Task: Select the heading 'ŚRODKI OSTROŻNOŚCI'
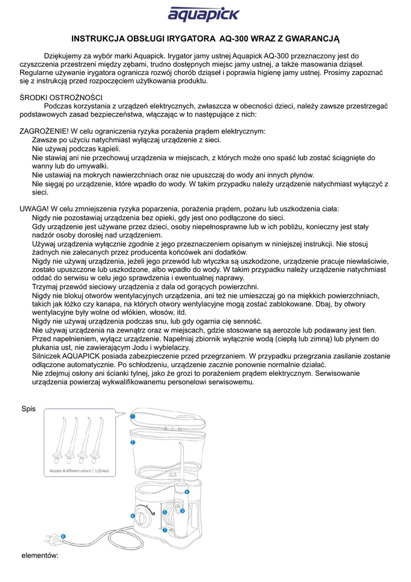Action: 61,97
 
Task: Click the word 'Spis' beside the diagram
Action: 28,409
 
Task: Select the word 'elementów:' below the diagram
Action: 40,555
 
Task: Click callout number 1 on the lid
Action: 132,416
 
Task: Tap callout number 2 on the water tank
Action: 132,442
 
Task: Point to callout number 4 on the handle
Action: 187,491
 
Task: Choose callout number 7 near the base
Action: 164,530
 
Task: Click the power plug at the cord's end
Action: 53,538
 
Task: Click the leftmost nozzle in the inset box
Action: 58,440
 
